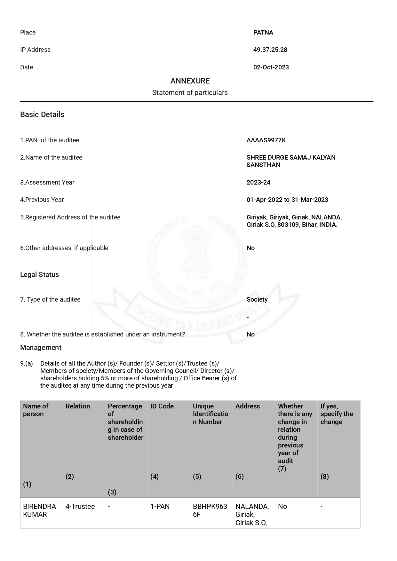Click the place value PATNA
[263, 32]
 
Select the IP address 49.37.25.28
[270, 50]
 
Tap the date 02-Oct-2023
[271, 67]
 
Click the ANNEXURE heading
[190, 81]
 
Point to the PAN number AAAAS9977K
[266, 140]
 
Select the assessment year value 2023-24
[258, 182]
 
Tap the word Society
[257, 299]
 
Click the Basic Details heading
[42, 115]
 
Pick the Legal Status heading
[39, 274]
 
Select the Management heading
[41, 347]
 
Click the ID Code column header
[162, 406]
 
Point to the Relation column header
[78, 406]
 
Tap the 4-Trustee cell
[80, 506]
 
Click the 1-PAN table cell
[160, 506]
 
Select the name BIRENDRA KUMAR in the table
[39, 510]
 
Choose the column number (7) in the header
[282, 469]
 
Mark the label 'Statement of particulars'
[190, 93]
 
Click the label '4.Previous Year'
[42, 200]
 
